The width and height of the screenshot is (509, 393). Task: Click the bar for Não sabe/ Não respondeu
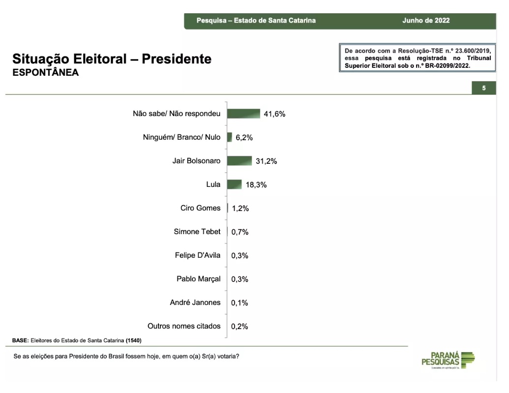(243, 114)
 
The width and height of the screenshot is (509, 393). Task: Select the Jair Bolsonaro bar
(239, 161)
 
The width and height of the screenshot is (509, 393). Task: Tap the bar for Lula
(234, 184)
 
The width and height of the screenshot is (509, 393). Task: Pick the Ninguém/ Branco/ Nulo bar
(229, 137)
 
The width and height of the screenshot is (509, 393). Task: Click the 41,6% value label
(274, 114)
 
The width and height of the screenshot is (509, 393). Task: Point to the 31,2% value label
(266, 161)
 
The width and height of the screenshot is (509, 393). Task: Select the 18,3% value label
(256, 185)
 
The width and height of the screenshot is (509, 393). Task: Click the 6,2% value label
(244, 138)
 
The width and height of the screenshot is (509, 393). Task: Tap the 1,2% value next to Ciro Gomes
(240, 209)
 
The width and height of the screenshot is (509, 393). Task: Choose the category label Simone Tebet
(197, 232)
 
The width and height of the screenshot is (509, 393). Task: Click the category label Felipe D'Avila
(198, 255)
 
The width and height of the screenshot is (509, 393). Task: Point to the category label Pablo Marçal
(199, 279)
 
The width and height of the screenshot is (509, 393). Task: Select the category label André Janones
(195, 302)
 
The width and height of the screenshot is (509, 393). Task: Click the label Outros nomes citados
(184, 326)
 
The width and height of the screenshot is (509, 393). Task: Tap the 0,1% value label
(240, 303)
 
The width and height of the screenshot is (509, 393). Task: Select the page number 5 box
(483, 88)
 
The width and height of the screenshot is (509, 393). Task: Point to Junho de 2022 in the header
(426, 21)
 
